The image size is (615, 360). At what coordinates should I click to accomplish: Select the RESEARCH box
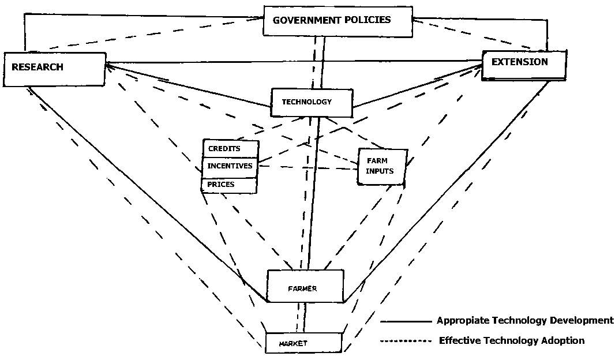[54, 69]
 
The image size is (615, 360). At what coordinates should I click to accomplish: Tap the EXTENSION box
[524, 65]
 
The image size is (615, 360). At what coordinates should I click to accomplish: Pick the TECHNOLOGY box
[312, 103]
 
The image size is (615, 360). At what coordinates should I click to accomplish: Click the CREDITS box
[231, 149]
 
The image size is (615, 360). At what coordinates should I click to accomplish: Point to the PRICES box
[229, 185]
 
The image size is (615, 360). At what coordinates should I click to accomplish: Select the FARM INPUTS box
[382, 167]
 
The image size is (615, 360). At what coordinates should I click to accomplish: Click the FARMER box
[306, 286]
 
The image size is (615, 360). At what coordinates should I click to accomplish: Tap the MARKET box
[303, 343]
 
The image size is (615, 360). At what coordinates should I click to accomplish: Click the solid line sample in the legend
[406, 321]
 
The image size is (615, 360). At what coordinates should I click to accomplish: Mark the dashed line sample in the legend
[406, 341]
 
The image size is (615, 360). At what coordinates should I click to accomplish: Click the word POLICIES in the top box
[366, 20]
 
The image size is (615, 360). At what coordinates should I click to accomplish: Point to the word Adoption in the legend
[563, 340]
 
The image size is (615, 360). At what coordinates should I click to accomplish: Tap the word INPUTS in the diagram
[380, 171]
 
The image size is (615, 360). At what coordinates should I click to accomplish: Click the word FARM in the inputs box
[377, 161]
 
